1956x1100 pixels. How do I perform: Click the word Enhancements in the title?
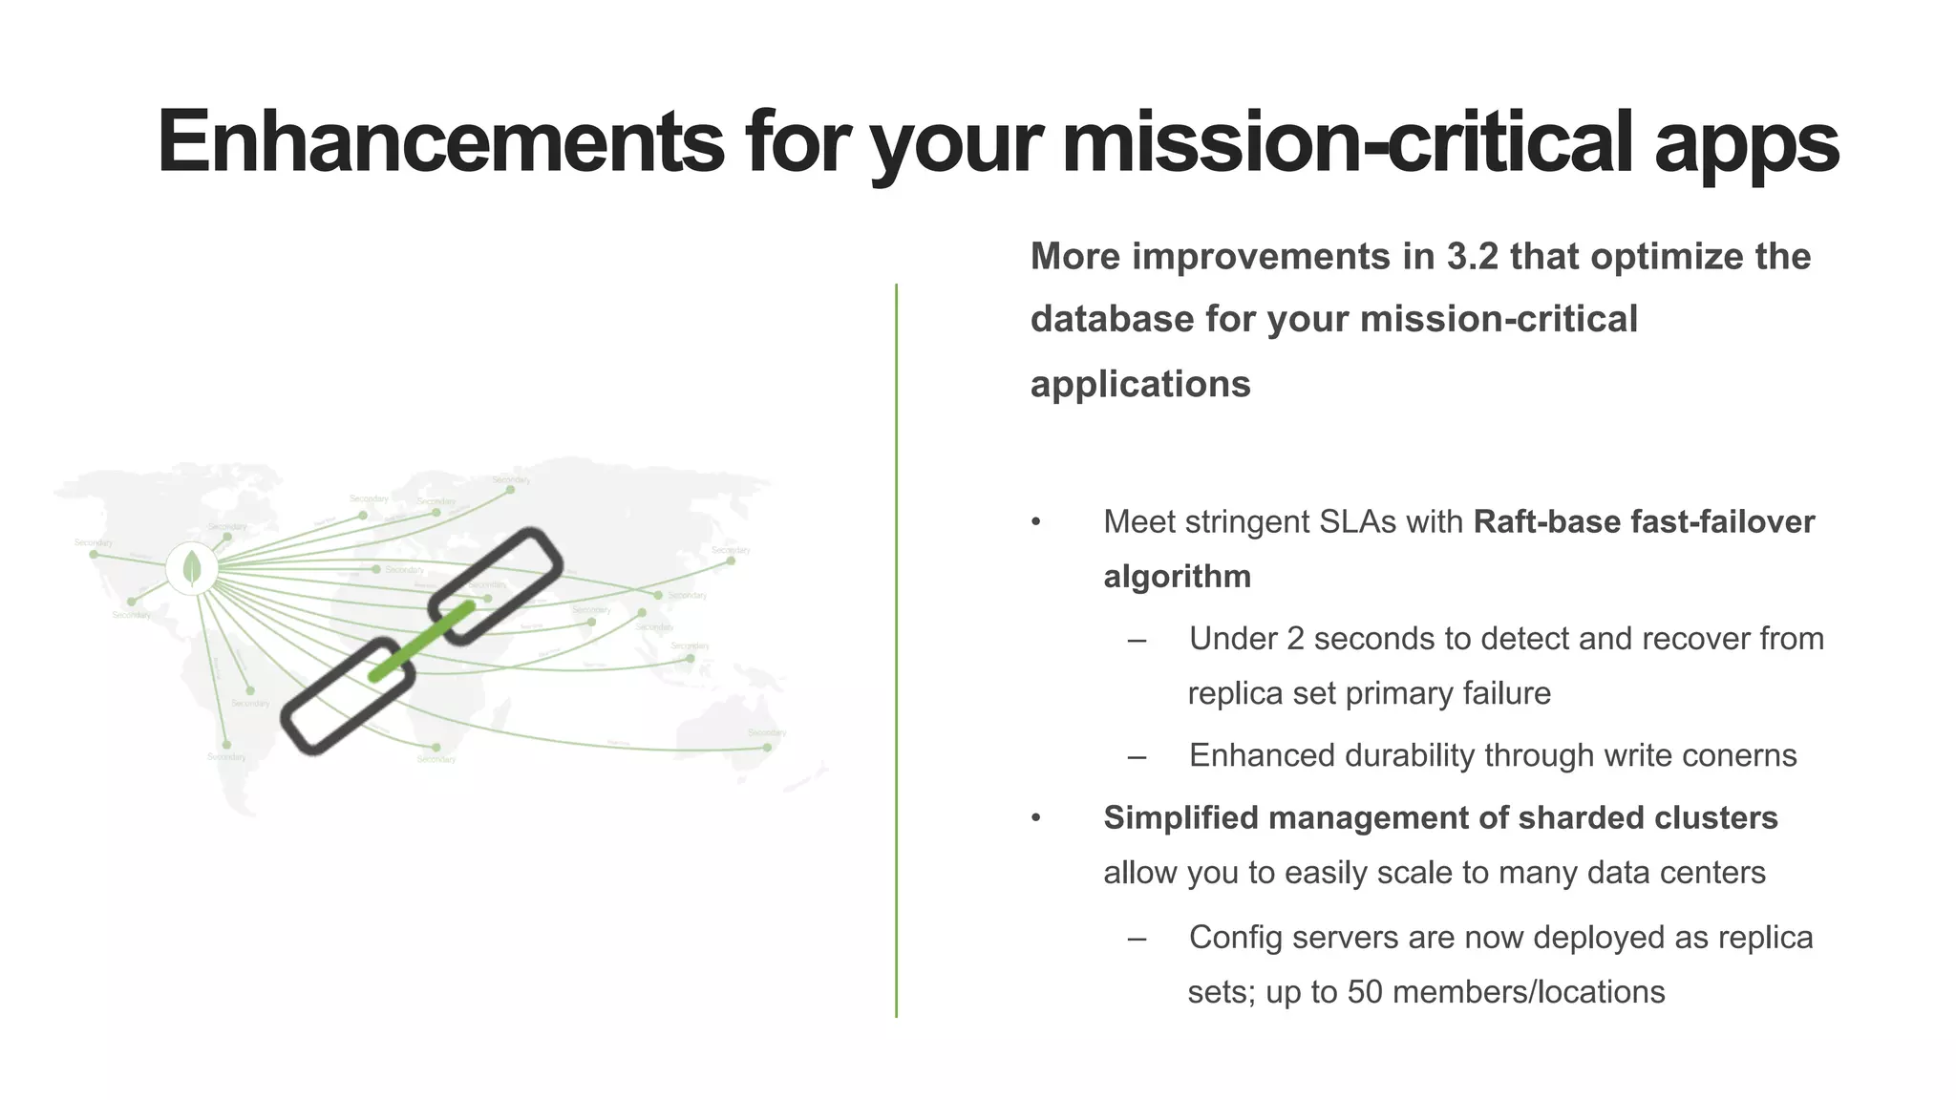click(440, 141)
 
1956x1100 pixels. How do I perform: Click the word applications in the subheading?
click(1140, 384)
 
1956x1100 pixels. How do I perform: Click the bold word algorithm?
click(1177, 577)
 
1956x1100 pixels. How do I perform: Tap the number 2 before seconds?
click(1294, 639)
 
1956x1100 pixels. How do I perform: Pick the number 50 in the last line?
click(1365, 992)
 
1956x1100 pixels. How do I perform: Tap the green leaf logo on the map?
click(192, 568)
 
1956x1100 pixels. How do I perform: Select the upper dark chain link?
click(496, 585)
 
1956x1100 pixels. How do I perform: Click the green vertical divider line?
click(896, 649)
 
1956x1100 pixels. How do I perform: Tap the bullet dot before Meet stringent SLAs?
click(1036, 522)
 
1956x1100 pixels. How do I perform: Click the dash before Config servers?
click(1137, 939)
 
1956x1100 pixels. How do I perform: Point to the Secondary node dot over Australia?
click(767, 747)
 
